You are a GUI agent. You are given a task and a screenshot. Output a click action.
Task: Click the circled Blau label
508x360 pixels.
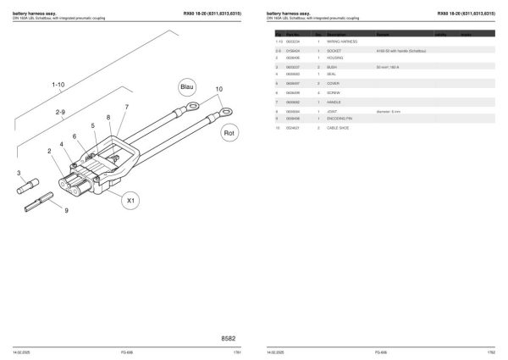[x=187, y=87]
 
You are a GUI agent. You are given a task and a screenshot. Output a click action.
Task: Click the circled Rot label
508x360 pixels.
[x=229, y=133]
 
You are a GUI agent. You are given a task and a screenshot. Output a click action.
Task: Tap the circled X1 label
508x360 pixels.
[x=129, y=201]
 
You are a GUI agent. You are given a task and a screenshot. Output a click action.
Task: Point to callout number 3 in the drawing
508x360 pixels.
[x=19, y=173]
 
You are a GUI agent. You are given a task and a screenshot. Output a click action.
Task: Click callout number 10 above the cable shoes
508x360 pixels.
[x=218, y=89]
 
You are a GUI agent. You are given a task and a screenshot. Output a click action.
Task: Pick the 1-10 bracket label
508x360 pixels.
[x=58, y=86]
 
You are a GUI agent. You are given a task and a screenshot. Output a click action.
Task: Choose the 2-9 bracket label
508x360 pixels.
[x=60, y=112]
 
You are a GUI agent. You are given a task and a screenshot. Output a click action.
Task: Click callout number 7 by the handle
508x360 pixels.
[x=126, y=107]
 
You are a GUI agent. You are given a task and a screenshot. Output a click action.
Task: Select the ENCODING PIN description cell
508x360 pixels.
[x=342, y=119]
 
